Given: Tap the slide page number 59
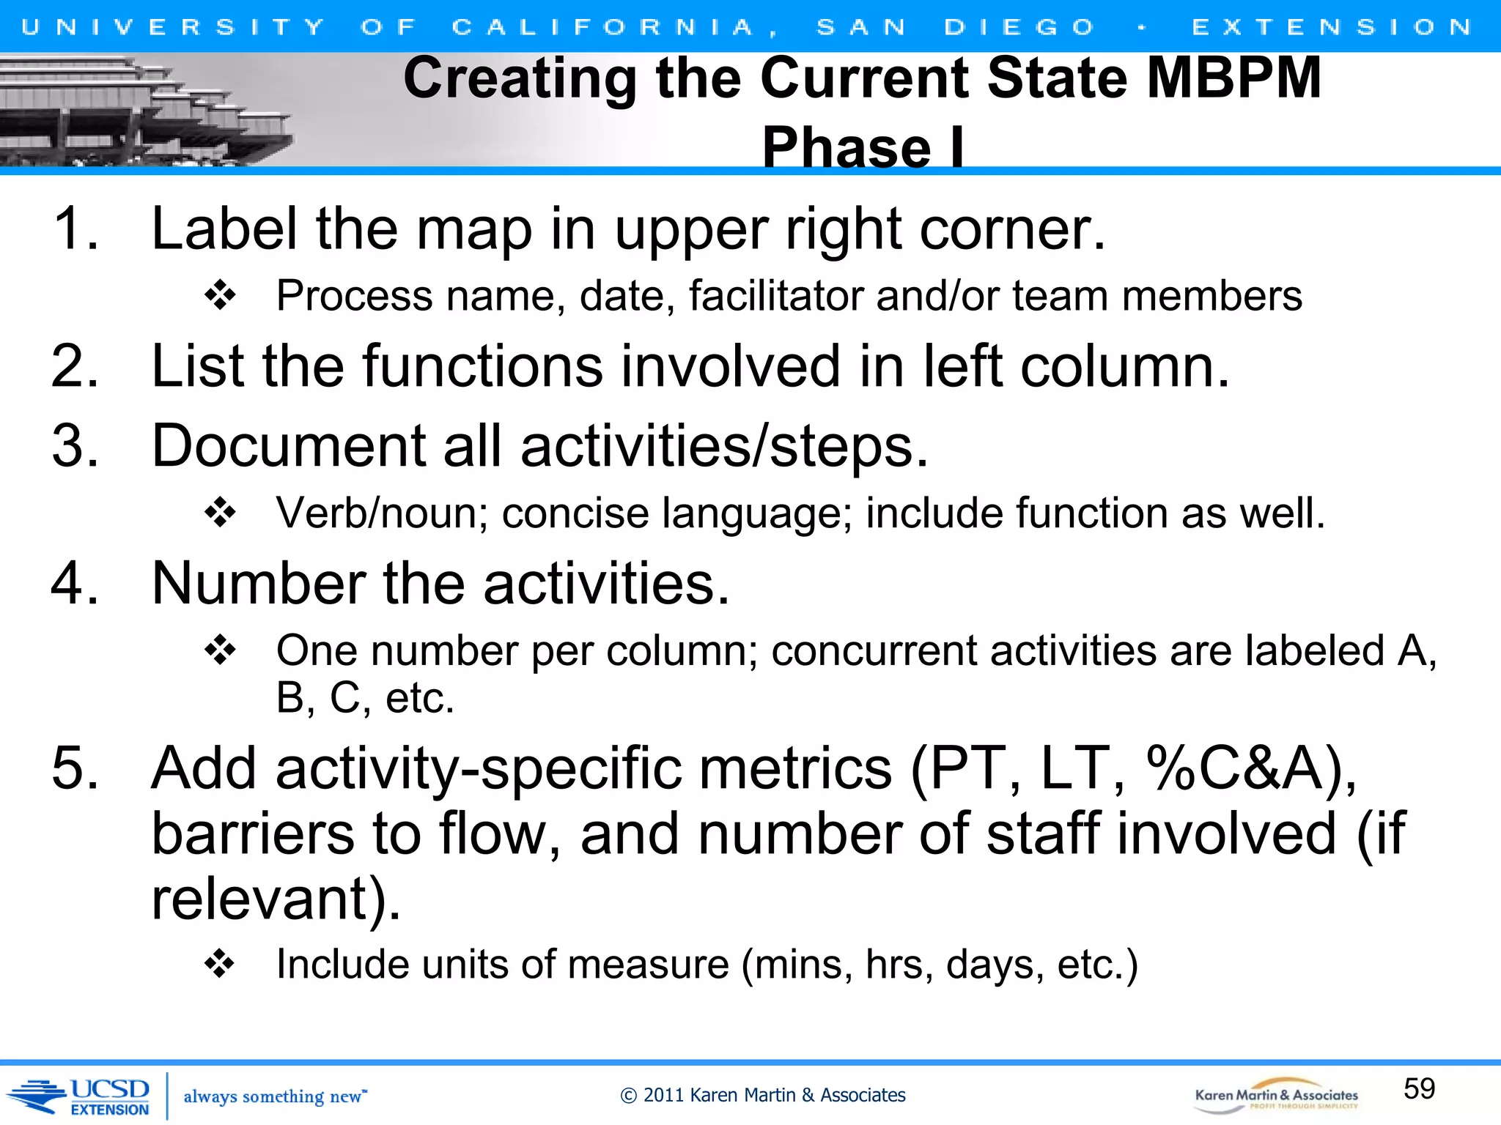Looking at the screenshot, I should (x=1419, y=1088).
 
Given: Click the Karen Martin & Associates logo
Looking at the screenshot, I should (x=1276, y=1096).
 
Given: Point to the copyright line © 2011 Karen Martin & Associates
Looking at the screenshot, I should (x=762, y=1095).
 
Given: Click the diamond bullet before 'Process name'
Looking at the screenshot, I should (x=220, y=296).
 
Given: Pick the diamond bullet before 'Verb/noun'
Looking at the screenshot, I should (x=220, y=513).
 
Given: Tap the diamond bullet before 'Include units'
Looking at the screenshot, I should (x=220, y=964).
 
